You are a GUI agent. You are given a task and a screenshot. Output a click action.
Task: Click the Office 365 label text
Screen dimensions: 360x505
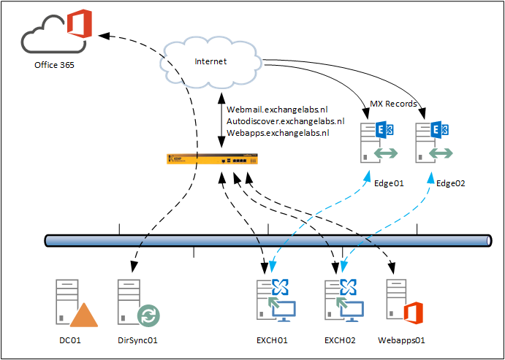54,65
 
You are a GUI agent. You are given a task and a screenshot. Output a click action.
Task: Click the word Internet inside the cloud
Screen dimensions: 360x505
210,61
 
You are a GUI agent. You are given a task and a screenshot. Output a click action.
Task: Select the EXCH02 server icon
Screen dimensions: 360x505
339,300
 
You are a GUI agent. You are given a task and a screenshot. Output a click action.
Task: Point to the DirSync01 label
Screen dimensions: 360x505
137,340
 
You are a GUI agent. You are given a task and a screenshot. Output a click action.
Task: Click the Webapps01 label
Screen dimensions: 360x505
401,340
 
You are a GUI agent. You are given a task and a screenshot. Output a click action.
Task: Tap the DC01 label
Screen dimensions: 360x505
69,340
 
